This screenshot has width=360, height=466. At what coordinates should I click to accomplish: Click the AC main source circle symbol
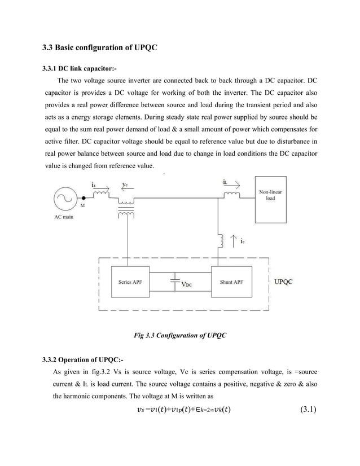click(67, 199)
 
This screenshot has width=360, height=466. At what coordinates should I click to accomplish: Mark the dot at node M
click(84, 199)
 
